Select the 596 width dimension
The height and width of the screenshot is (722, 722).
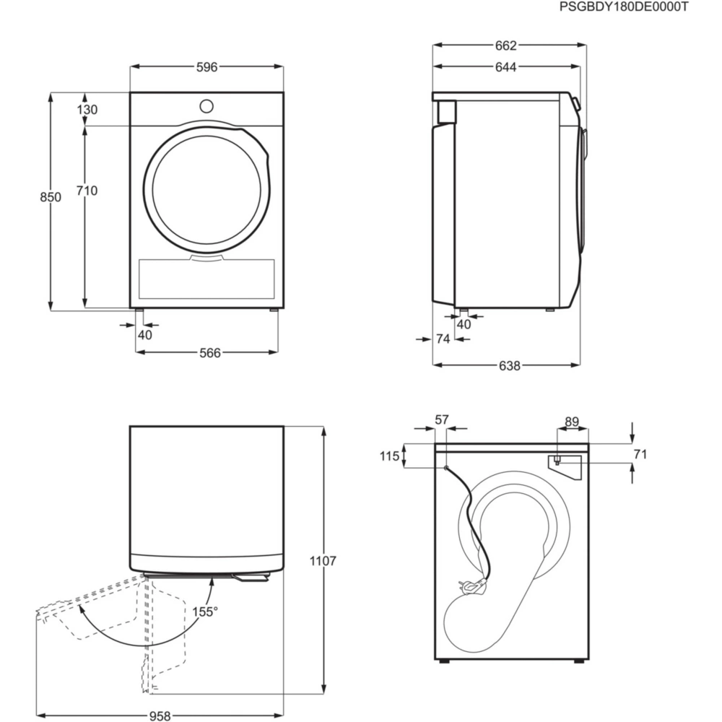pos(206,67)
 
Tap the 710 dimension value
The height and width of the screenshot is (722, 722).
pos(87,191)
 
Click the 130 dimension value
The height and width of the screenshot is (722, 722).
pos(87,110)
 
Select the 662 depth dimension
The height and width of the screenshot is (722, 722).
pos(506,45)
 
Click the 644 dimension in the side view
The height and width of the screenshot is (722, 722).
pos(506,67)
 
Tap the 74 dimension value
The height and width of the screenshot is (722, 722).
pos(443,339)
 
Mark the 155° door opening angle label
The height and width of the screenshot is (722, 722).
pos(206,612)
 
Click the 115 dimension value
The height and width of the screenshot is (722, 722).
pos(390,456)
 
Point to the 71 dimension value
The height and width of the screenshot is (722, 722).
pos(639,454)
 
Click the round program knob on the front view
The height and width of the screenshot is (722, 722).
pos(206,105)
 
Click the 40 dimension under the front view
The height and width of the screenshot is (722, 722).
pos(145,334)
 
